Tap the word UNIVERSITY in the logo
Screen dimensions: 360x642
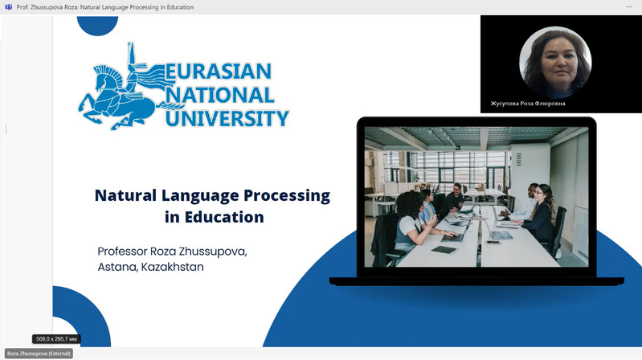pos(227,120)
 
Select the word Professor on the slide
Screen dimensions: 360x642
pos(129,251)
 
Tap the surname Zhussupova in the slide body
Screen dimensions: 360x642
pos(214,251)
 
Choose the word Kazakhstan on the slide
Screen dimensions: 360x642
pos(172,266)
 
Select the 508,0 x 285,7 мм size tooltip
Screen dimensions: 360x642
pos(56,339)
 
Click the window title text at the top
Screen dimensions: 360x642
pos(104,7)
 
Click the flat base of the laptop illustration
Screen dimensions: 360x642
pos(476,280)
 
